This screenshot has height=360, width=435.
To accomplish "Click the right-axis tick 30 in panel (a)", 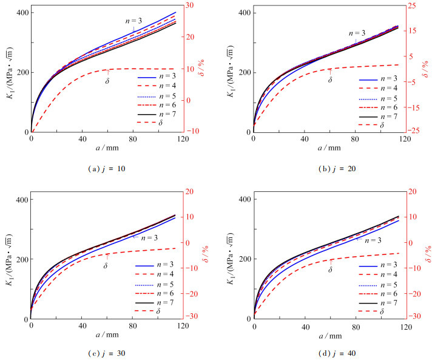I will [x=190, y=6].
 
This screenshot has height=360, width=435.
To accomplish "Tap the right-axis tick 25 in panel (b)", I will [x=412, y=6].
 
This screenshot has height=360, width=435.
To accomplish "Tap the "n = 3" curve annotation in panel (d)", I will [x=373, y=240].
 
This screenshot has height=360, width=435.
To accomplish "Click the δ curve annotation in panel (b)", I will [x=331, y=79].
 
